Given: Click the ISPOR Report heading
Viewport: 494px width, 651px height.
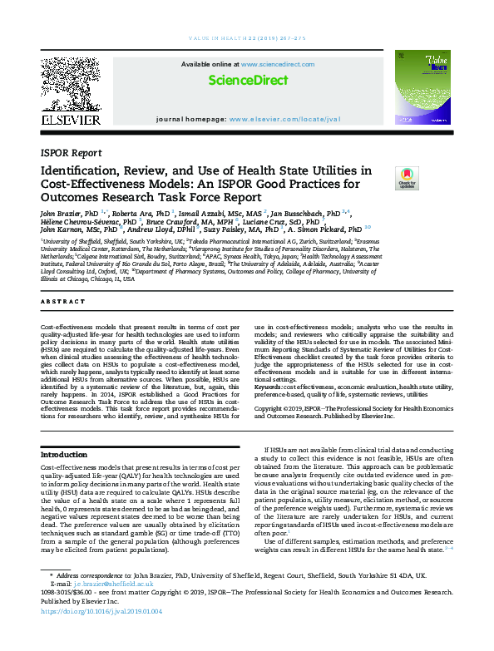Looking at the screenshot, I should (x=71, y=153).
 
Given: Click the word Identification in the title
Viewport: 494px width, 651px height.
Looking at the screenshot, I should (x=86, y=170).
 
